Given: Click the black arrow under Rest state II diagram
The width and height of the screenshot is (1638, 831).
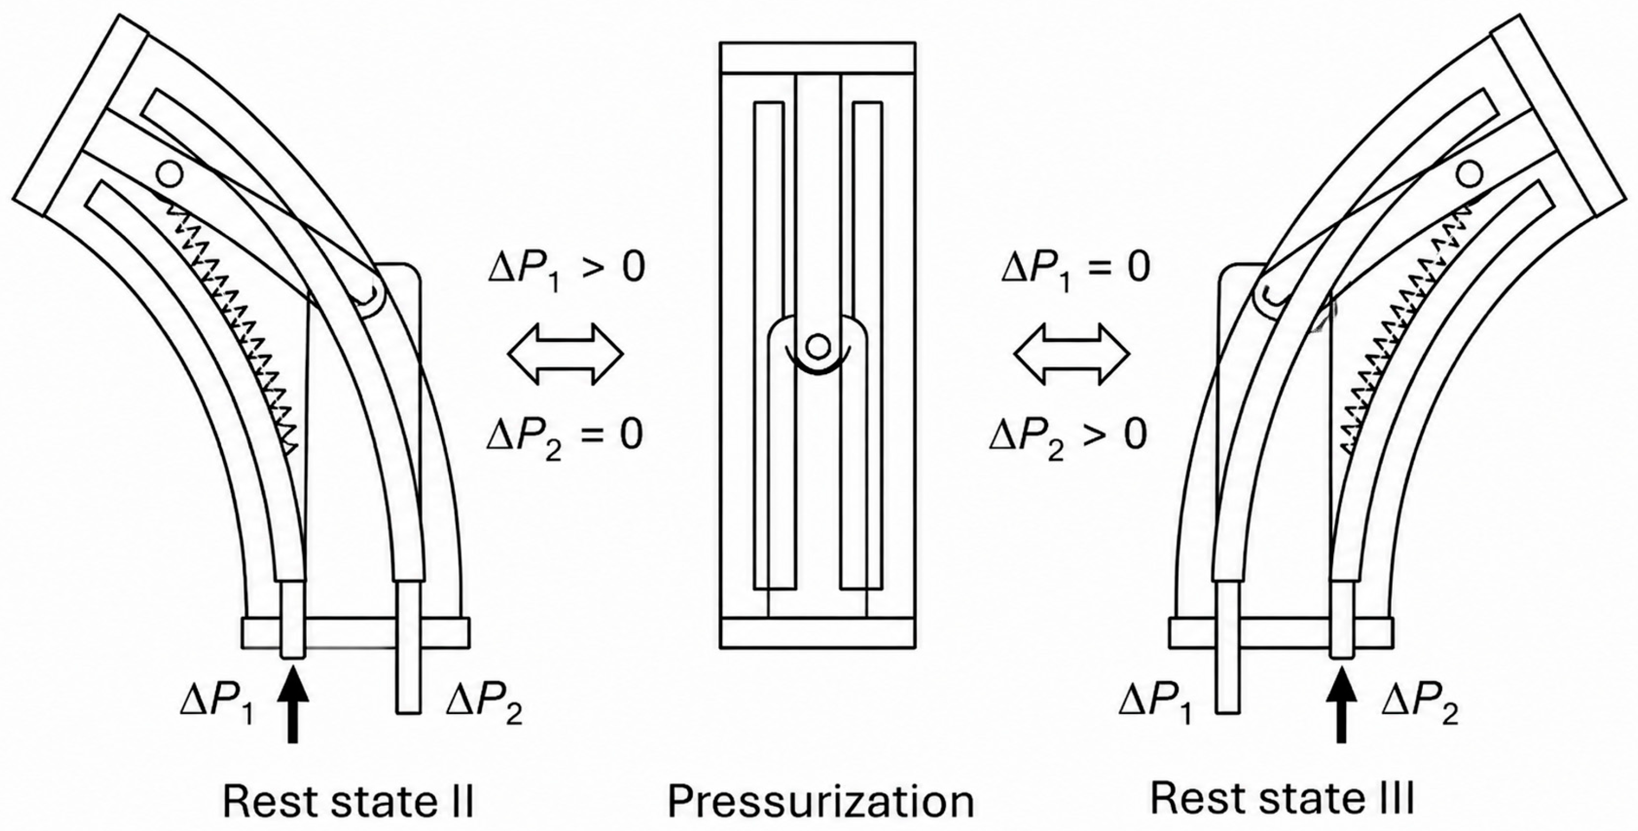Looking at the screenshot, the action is [293, 703].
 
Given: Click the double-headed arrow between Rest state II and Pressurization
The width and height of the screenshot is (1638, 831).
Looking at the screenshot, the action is [565, 354].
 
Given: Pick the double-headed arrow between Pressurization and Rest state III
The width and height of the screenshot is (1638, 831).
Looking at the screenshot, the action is [1071, 354].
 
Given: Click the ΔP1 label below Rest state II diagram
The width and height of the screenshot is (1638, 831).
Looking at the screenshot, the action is [217, 706].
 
